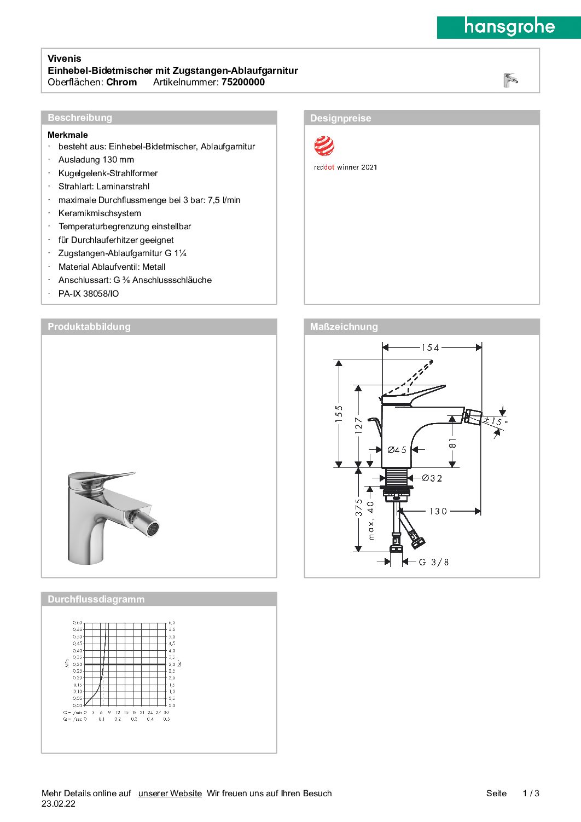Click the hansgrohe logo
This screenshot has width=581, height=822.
point(509,27)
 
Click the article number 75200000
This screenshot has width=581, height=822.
point(243,82)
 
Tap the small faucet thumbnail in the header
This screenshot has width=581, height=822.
point(510,80)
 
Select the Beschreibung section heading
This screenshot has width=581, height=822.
point(80,118)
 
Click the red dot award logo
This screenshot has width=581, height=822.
point(324,146)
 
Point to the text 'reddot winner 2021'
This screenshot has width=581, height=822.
point(345,167)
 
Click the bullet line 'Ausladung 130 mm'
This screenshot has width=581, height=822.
point(96,160)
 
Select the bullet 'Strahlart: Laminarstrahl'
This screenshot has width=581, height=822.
point(104,187)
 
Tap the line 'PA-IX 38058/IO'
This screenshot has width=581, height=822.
point(89,294)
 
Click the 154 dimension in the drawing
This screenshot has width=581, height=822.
point(430,348)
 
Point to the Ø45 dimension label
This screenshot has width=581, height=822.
point(397,450)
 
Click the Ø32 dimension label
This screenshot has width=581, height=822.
point(432,478)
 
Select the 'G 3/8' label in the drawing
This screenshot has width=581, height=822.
point(434,562)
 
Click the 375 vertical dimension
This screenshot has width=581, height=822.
point(359,507)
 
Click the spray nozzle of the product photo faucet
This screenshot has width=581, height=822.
point(153,529)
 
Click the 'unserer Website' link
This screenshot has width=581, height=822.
point(170,794)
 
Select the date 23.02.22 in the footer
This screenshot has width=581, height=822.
point(59,804)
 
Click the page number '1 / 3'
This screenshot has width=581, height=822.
point(531,794)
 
